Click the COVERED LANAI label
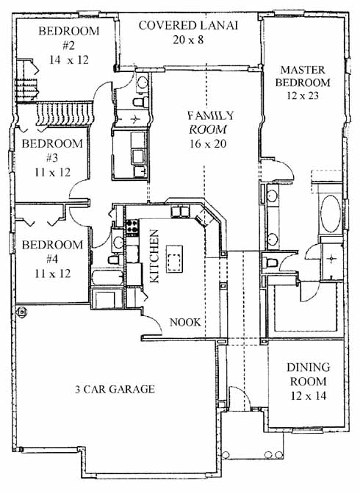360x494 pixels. coord(188,25)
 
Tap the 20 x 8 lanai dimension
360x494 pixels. coord(188,40)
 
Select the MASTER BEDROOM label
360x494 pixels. coord(303,76)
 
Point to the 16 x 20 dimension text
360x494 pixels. coord(208,143)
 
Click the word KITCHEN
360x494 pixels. coord(154,256)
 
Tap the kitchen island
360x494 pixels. coord(175,259)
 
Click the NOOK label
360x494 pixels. coord(185,322)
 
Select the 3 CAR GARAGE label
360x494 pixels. coord(115,389)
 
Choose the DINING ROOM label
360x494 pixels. coord(308,374)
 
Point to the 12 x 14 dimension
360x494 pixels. coord(308,395)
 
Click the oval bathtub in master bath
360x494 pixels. coord(331,214)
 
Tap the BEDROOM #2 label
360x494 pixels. coord(68,38)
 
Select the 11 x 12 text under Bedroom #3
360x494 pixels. coord(53,172)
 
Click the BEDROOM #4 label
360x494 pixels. coord(52,251)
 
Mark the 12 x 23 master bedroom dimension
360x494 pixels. coord(303,95)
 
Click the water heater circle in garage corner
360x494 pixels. coord(21,312)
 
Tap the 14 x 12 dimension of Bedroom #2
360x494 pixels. coord(68,60)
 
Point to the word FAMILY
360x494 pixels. coord(211,115)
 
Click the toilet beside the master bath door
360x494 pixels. coord(270,262)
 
